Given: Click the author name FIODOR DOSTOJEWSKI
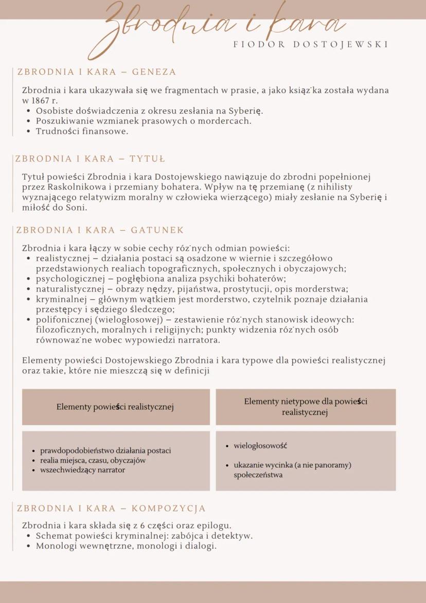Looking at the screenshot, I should coord(311,45).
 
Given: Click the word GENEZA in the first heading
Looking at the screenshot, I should coord(154,72).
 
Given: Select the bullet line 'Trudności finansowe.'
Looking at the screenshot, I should coord(82,131).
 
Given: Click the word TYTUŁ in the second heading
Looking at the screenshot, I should coord(147,159).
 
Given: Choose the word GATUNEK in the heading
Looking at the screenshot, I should coord(157,230).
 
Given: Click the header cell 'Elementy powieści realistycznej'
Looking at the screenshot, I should coord(115,407).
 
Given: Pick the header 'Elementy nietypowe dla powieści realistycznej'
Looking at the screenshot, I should coord(306,407).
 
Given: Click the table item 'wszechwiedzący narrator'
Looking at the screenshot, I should coord(82,470).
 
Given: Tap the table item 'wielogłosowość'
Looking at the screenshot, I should coord(260,445).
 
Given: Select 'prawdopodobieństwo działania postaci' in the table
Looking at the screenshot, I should coord(105,451).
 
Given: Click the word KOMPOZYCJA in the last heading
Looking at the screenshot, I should coord(168,509).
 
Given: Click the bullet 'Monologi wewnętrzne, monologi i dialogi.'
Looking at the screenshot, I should coord(126,546).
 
